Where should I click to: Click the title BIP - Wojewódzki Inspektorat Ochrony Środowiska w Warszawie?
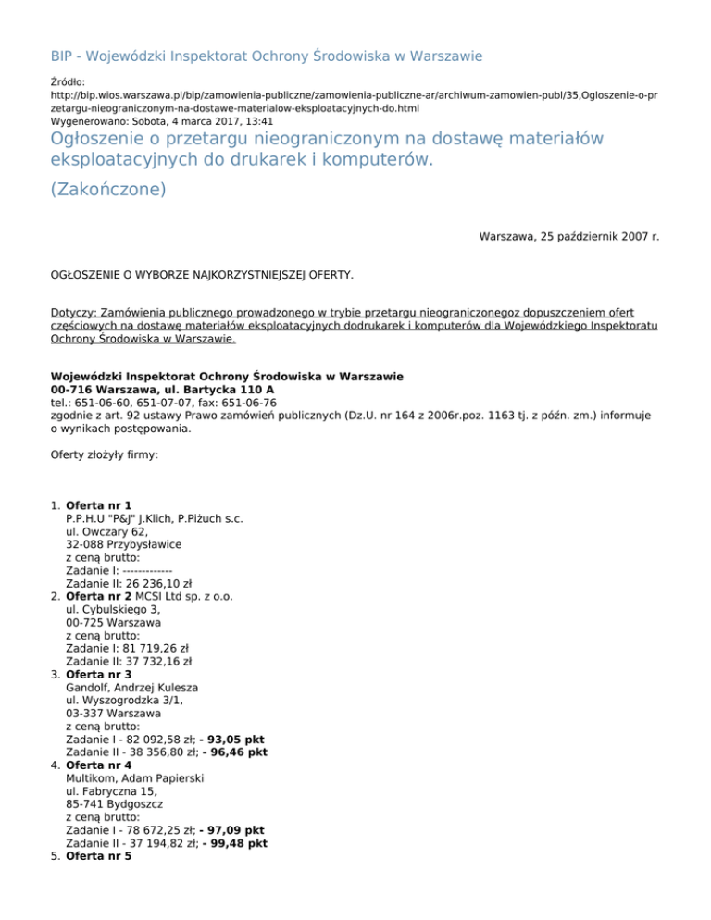click(x=266, y=56)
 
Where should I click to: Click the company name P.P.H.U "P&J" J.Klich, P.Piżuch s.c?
click(x=155, y=519)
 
